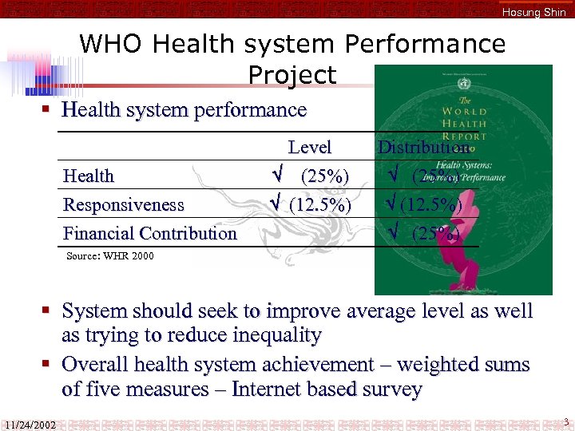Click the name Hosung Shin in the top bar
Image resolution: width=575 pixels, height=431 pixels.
(533, 12)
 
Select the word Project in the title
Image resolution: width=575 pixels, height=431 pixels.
(292, 74)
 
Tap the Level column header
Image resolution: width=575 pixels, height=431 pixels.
(309, 147)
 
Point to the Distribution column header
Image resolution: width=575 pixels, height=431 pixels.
(423, 147)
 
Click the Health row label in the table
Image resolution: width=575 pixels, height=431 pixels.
(89, 176)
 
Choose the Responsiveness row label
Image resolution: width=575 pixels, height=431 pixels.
(124, 205)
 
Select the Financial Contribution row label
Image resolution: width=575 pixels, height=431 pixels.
(150, 234)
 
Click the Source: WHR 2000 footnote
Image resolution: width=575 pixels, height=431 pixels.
(110, 256)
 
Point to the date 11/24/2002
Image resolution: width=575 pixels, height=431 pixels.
(30, 424)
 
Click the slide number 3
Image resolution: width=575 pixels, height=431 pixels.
(565, 421)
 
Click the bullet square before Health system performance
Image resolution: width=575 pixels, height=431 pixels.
(50, 109)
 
